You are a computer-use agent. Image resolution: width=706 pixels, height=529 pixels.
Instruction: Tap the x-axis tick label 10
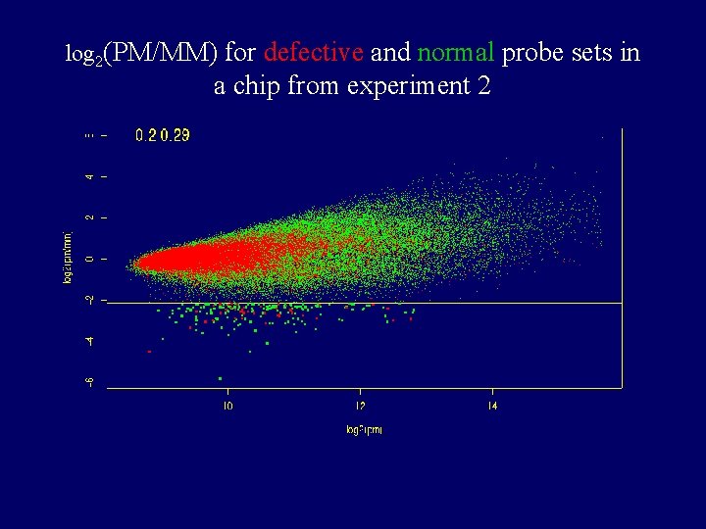point(227,406)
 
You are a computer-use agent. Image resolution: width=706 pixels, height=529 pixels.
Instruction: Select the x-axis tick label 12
point(360,406)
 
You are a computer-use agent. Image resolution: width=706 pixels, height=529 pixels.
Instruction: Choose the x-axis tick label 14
point(492,406)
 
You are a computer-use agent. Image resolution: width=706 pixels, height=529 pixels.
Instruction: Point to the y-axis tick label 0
point(90,259)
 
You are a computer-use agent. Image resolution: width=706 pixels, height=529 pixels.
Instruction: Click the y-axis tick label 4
point(90,176)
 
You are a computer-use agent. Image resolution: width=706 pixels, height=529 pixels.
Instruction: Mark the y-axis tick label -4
point(90,341)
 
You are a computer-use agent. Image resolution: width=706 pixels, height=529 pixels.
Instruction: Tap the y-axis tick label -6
point(90,382)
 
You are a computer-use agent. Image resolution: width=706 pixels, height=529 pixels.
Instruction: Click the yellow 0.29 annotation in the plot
point(176,135)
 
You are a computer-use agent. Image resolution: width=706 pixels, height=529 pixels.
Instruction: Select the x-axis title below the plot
point(363,430)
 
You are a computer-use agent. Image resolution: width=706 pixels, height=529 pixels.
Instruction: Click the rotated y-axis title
point(68,257)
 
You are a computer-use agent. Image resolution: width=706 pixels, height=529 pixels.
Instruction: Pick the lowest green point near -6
point(221,378)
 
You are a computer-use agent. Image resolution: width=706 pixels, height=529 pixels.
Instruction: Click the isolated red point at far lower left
point(149,351)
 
